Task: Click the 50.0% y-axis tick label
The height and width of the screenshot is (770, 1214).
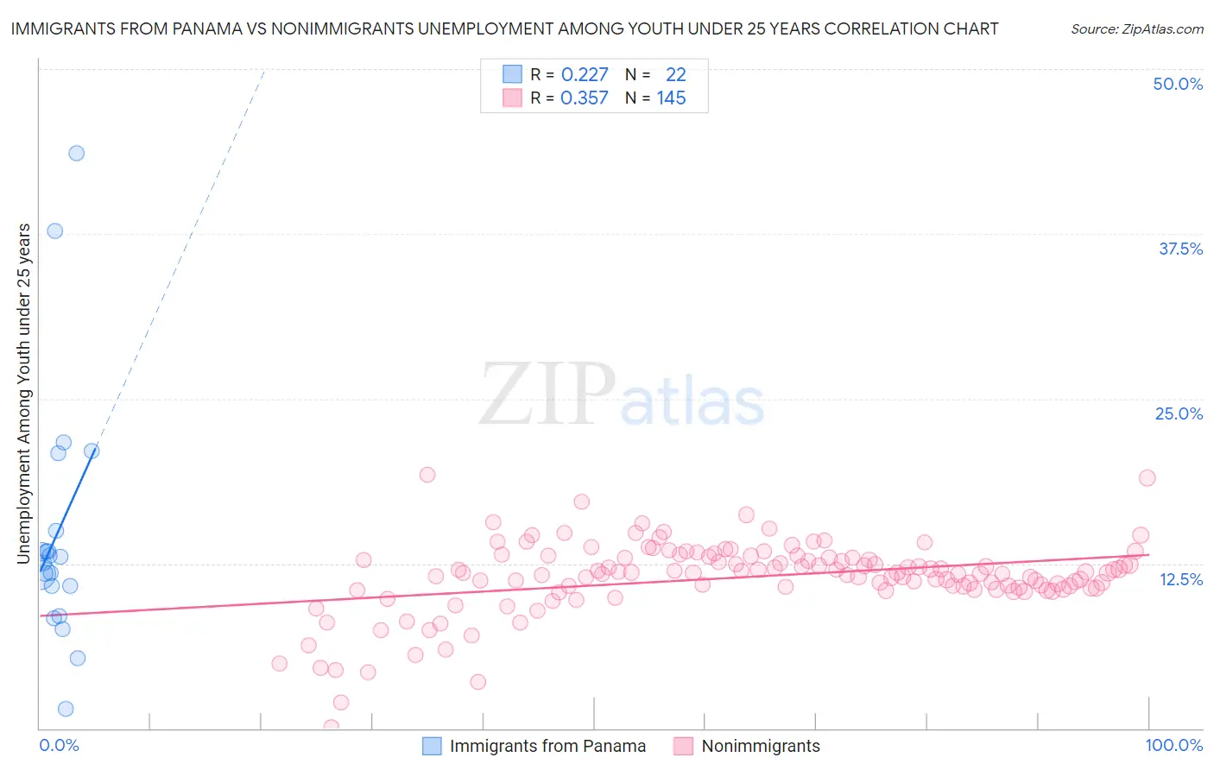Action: (1178, 84)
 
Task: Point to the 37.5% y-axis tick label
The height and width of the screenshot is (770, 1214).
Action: (1180, 249)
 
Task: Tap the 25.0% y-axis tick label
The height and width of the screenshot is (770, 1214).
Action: (1179, 413)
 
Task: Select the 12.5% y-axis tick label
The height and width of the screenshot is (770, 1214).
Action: (1180, 579)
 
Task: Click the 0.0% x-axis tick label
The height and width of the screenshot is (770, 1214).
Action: (59, 745)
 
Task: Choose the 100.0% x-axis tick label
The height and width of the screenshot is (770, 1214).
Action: (1173, 745)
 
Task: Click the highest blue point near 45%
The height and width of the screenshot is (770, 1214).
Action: (76, 153)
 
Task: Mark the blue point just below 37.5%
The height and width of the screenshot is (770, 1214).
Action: (54, 230)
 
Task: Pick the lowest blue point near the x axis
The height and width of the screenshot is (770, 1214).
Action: (66, 709)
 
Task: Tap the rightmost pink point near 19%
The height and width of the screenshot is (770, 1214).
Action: (1147, 477)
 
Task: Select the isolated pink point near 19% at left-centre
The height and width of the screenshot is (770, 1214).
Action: (427, 474)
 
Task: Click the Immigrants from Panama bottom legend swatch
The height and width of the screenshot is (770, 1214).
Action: (432, 746)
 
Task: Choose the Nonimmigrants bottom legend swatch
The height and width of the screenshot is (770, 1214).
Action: (684, 746)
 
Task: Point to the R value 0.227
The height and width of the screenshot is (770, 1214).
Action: (585, 74)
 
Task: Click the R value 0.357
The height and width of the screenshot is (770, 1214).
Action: (585, 98)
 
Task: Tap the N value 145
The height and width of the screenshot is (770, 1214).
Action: (671, 98)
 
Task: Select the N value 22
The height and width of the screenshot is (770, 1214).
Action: (675, 74)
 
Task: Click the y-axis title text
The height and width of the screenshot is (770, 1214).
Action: (23, 394)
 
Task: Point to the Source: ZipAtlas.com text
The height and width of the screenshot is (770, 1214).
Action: (1136, 28)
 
